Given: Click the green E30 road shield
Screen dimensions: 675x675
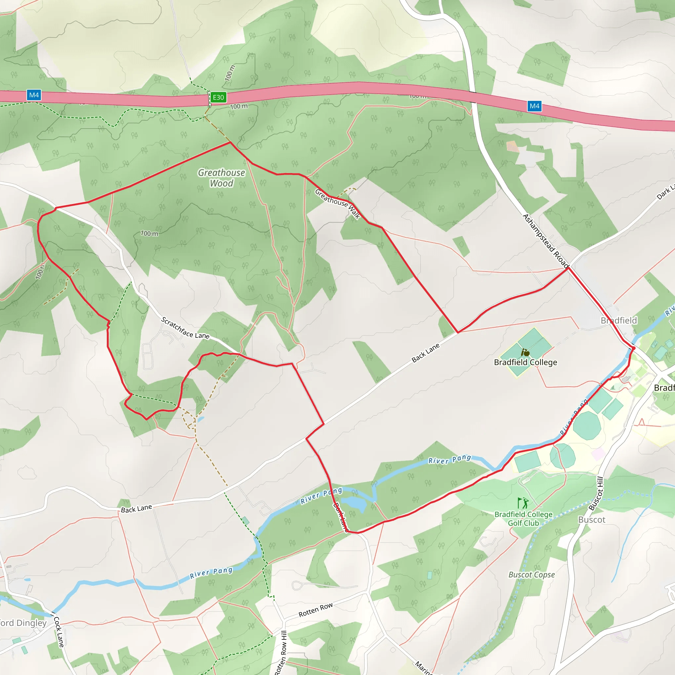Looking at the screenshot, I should coord(219,98).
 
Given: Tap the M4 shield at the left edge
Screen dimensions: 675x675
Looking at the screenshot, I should coord(34,95).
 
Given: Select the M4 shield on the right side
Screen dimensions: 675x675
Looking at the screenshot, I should coord(534,106).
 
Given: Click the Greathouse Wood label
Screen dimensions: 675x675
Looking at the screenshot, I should coord(221,178).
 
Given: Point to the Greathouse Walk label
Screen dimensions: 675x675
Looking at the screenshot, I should coord(337,204).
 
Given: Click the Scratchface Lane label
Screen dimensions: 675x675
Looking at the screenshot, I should coord(185,328).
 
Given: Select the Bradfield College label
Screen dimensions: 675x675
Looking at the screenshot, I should coord(525,362).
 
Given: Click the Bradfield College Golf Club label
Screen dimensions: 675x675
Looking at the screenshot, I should coord(523,519).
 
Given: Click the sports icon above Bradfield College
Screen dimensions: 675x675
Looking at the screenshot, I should coord(525,353).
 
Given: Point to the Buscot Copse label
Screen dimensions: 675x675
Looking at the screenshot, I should coord(531,575).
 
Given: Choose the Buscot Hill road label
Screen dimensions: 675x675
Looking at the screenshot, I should coord(596,493).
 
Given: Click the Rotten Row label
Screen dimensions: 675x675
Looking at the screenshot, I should coord(315,610).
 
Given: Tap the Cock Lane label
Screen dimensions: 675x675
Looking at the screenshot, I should coord(59,632).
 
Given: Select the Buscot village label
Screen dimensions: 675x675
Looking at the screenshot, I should coord(592,520).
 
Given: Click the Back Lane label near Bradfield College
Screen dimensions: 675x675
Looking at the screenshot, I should coord(426,353).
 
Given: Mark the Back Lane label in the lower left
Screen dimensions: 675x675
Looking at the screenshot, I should coord(136,509).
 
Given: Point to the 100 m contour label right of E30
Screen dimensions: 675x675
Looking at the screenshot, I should coord(239,106).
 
